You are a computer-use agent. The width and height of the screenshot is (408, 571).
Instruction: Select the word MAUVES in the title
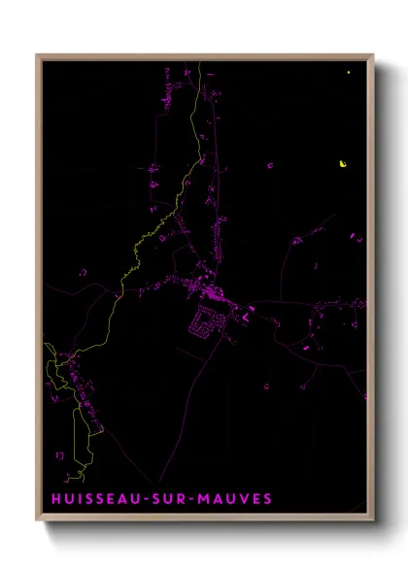pyautogui.click(x=237, y=499)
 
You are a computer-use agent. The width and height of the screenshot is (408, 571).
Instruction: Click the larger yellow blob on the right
pyautogui.click(x=343, y=163)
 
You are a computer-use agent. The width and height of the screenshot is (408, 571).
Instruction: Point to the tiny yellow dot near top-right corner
pyautogui.click(x=348, y=72)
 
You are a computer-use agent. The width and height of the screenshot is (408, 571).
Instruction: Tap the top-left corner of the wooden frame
pyautogui.click(x=37, y=55)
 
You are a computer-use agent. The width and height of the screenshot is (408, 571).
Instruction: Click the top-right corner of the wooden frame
pyautogui.click(x=373, y=55)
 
